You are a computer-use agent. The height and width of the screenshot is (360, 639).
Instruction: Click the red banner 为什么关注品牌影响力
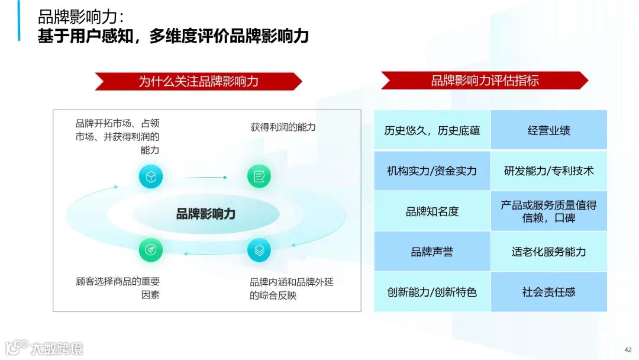(x=198, y=81)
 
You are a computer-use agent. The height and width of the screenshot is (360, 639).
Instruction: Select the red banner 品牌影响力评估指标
(x=484, y=81)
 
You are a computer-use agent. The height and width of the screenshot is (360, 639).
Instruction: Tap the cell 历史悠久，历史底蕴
(x=432, y=130)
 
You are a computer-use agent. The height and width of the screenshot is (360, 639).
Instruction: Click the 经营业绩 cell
(x=548, y=130)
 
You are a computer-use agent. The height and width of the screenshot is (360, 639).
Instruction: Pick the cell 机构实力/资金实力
(x=432, y=171)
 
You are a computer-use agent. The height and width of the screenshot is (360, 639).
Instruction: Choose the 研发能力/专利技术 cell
(x=548, y=171)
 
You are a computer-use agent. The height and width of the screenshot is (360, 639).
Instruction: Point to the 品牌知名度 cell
(x=432, y=211)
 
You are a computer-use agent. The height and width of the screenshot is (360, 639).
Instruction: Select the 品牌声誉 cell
(x=432, y=252)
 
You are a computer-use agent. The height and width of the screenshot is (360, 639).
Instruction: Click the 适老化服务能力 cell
(x=548, y=252)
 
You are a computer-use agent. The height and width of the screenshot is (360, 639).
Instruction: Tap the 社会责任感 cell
(x=548, y=292)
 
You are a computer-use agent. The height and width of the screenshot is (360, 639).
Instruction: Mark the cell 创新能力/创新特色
(x=432, y=292)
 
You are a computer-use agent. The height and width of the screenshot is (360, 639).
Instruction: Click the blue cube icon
(x=150, y=176)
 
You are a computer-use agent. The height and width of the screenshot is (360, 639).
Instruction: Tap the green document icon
(x=259, y=176)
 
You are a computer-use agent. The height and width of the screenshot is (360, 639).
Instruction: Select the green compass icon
(x=150, y=250)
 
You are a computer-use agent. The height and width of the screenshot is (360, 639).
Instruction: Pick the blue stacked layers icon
(x=259, y=250)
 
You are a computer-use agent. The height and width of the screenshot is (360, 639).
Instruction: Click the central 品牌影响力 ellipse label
(x=205, y=214)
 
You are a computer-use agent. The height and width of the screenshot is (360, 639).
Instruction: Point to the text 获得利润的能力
(x=283, y=127)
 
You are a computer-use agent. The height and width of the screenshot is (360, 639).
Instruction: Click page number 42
(x=628, y=349)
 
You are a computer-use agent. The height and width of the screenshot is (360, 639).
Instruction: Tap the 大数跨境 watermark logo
(x=44, y=348)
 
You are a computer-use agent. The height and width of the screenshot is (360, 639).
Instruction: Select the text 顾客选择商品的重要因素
(x=118, y=288)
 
